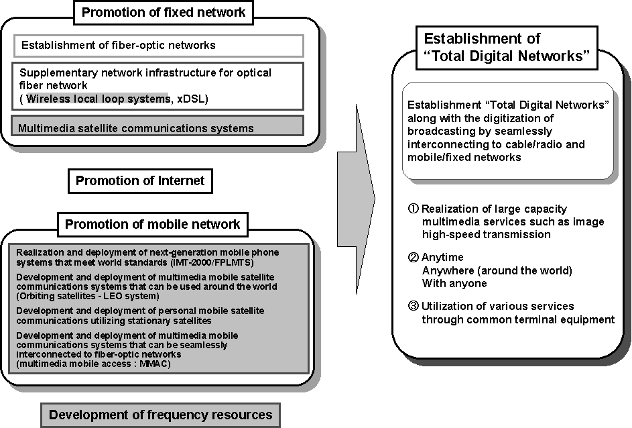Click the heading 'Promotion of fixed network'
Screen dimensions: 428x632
(164, 11)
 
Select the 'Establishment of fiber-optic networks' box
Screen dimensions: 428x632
(159, 46)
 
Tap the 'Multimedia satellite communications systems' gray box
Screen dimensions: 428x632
(159, 127)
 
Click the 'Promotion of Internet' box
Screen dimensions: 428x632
(139, 180)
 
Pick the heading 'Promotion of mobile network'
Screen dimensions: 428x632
(152, 224)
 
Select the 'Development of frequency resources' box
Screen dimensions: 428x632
(160, 415)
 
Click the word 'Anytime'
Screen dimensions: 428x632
(442, 258)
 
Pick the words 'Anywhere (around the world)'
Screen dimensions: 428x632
(497, 270)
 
